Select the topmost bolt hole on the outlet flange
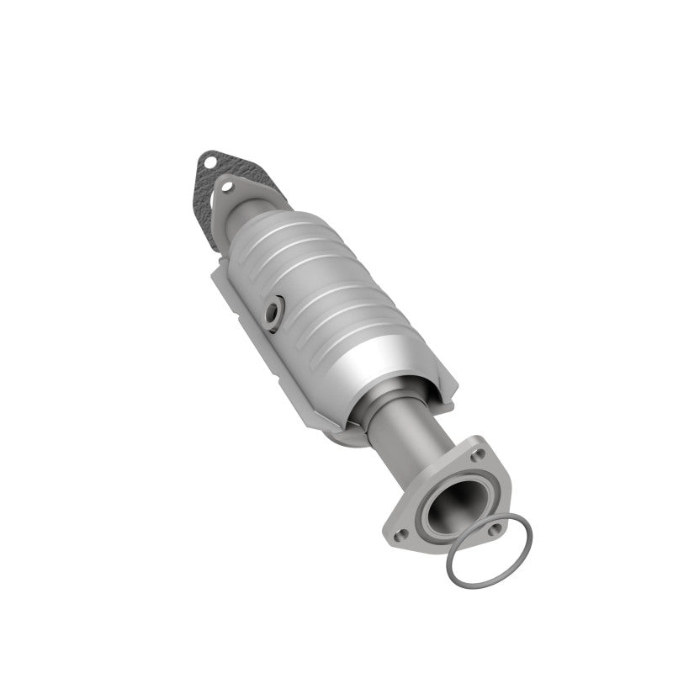(479, 455)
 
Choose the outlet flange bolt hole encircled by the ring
(494, 529)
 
